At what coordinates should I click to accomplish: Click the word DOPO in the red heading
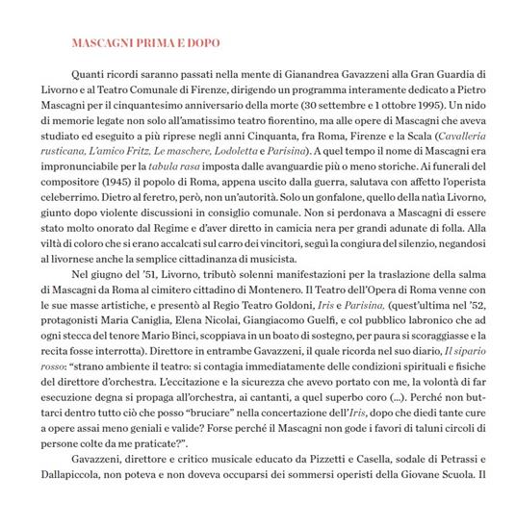click(200, 43)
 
